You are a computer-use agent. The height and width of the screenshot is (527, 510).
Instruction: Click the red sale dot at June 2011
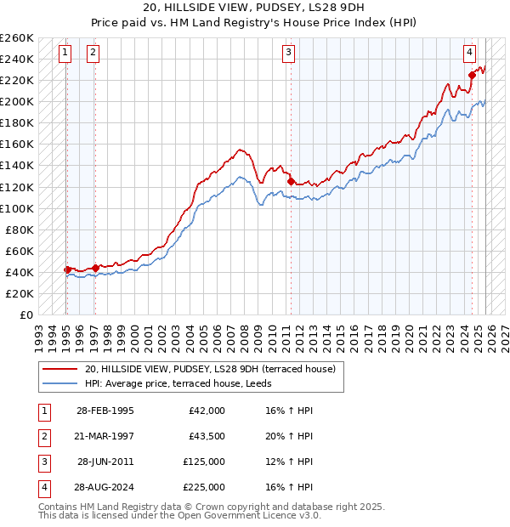[291, 181]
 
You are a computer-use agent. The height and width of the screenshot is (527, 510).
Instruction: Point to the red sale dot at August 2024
[472, 75]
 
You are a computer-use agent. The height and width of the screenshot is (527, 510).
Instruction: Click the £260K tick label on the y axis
[17, 38]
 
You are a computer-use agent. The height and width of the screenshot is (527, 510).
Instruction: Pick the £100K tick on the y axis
[17, 208]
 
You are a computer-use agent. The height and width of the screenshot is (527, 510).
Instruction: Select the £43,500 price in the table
[204, 436]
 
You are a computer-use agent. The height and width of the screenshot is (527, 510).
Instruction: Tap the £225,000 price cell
[204, 487]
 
